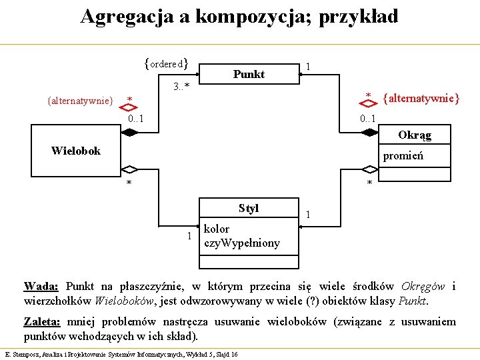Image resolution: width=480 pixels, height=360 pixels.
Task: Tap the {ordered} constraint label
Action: pyautogui.click(x=166, y=64)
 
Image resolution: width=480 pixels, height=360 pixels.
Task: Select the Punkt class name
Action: pyautogui.click(x=249, y=74)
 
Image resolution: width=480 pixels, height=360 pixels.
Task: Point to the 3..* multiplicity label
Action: pyautogui.click(x=181, y=87)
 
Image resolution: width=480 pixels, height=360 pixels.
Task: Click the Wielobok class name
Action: pyautogui.click(x=76, y=151)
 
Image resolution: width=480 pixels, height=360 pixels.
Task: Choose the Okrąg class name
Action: pyautogui.click(x=415, y=135)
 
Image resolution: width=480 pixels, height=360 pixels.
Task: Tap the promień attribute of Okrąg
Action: pyautogui.click(x=403, y=157)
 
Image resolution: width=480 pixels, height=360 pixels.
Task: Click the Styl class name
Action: pyautogui.click(x=249, y=208)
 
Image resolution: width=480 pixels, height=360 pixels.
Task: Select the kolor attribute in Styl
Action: pyautogui.click(x=217, y=229)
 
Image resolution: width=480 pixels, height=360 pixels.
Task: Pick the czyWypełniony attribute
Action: pyautogui.click(x=242, y=243)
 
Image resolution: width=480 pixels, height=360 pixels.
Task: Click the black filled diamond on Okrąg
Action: pyautogui.click(x=367, y=133)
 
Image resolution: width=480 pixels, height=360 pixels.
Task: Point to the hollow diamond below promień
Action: pyautogui.click(x=367, y=169)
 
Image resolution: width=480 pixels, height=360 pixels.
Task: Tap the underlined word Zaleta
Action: pyautogui.click(x=42, y=322)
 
